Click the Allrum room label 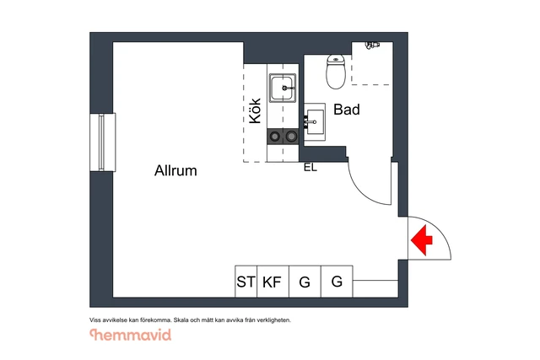click(x=175, y=170)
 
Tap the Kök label click(x=255, y=110)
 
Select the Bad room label click(x=347, y=110)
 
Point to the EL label click(x=310, y=168)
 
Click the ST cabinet click(x=246, y=282)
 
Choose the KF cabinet click(x=273, y=282)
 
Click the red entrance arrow click(x=422, y=240)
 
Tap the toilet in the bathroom click(x=336, y=72)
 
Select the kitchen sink click(x=283, y=88)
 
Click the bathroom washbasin click(x=315, y=122)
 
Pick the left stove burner click(x=274, y=137)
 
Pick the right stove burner click(x=291, y=137)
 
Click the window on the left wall click(x=102, y=142)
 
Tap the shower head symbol click(x=372, y=45)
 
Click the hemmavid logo click(x=131, y=335)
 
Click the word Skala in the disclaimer click(x=181, y=320)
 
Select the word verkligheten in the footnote click(x=275, y=320)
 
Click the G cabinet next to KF click(x=305, y=282)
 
